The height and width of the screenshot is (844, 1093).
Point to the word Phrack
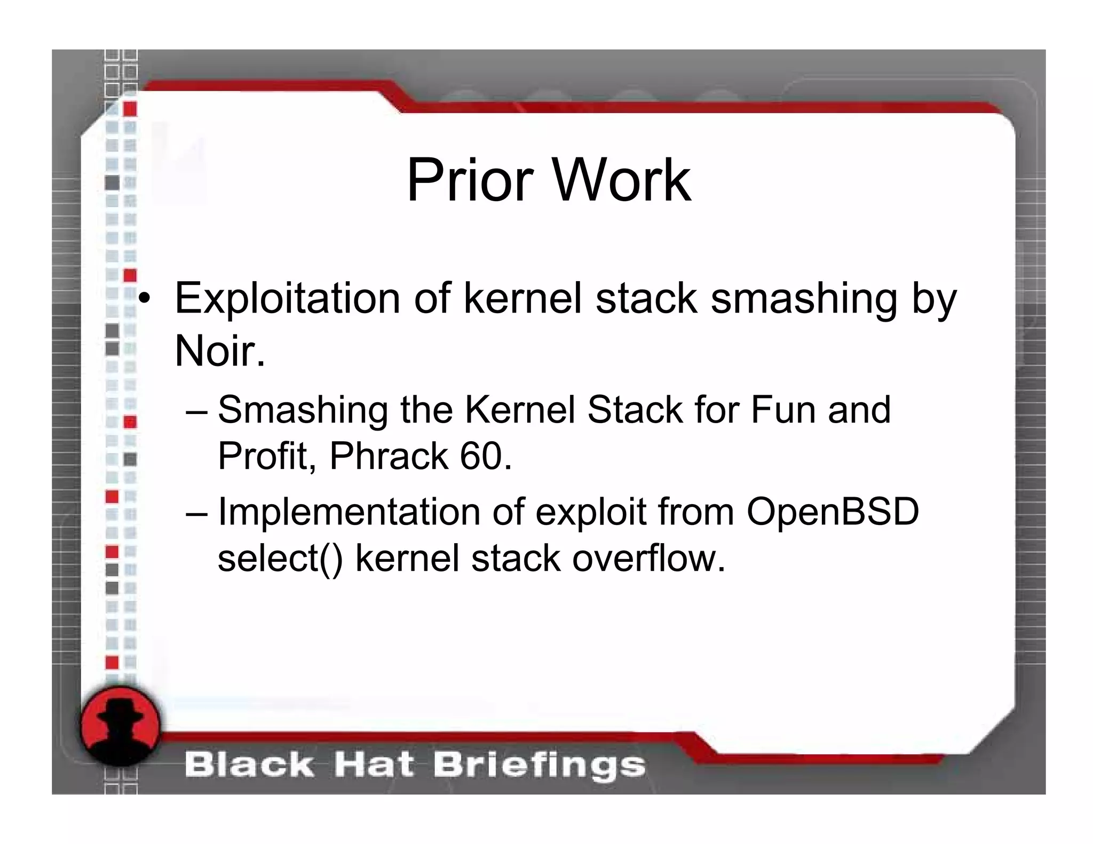[389, 456]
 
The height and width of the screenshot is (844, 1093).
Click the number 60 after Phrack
[480, 456]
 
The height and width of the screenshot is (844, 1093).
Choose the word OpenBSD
[833, 511]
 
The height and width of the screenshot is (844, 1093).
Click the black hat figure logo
[120, 725]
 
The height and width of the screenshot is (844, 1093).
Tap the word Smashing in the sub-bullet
[303, 410]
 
